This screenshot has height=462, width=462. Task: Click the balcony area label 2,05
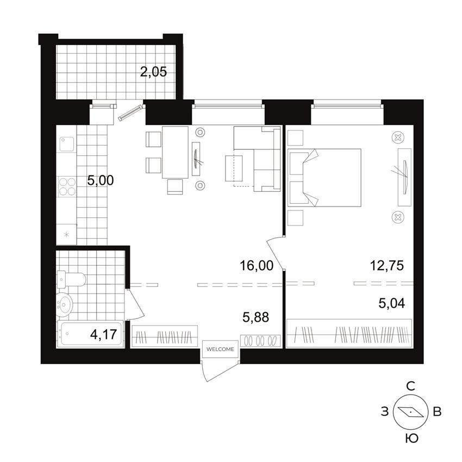[153, 72]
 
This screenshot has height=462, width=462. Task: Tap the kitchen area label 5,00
[101, 180]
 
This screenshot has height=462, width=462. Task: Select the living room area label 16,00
[257, 265]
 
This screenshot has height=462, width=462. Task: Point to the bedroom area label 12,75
[387, 265]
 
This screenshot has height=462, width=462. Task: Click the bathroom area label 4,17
[104, 334]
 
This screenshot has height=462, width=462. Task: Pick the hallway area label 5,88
[256, 317]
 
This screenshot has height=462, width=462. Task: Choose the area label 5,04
[392, 303]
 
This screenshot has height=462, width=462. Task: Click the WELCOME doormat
[220, 349]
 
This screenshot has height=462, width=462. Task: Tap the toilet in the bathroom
[72, 279]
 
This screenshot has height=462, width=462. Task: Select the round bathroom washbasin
[65, 304]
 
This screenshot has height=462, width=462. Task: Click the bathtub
[90, 334]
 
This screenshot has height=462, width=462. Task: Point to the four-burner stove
[67, 187]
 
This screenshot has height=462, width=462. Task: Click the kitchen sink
[67, 144]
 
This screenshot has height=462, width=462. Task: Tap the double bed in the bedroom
[324, 178]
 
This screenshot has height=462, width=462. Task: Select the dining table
[176, 152]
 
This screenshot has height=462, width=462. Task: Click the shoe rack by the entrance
[260, 341]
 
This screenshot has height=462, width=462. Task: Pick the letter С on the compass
[411, 386]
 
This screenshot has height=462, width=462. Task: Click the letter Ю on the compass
[411, 439]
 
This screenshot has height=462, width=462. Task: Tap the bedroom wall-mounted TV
[405, 177]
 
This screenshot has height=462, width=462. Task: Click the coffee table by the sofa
[234, 168]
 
